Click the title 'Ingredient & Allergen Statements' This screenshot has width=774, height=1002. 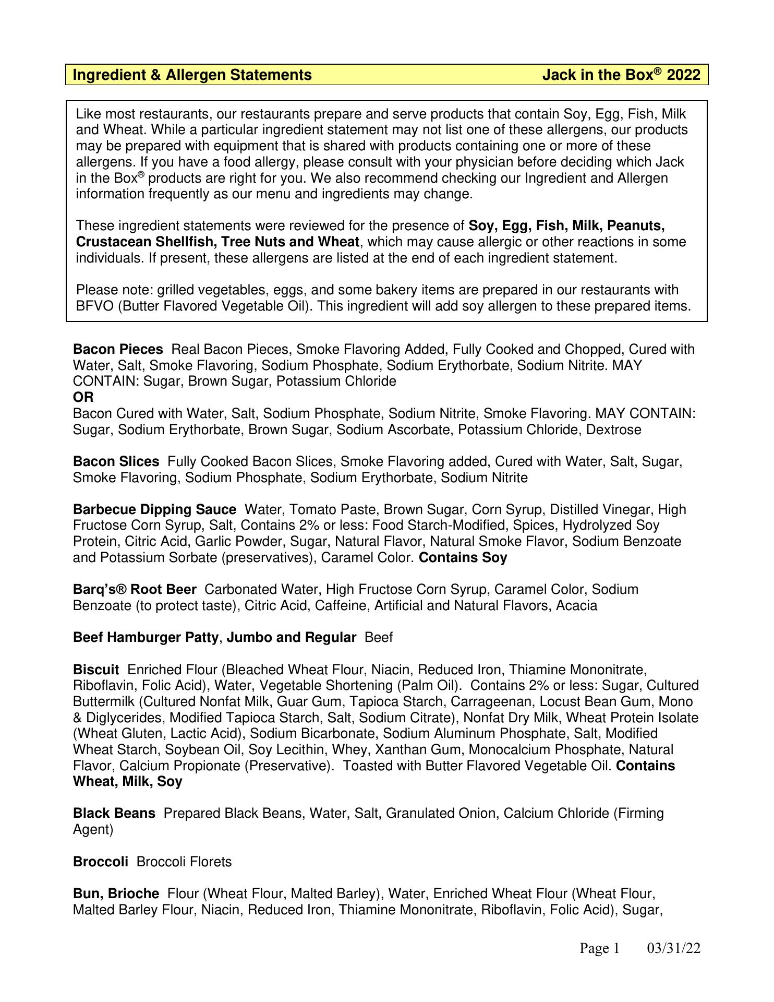pyautogui.click(x=192, y=75)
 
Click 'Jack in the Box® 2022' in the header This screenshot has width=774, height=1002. pyautogui.click(x=621, y=75)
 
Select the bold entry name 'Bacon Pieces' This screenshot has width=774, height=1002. pyautogui.click(x=118, y=349)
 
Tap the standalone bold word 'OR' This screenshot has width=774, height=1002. pyautogui.click(x=83, y=397)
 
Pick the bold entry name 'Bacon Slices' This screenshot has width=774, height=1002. pyautogui.click(x=116, y=461)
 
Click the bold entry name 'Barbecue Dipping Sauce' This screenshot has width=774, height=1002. pyautogui.click(x=154, y=509)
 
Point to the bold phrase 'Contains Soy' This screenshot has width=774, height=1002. pyautogui.click(x=463, y=557)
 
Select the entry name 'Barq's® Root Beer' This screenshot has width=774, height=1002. pyautogui.click(x=135, y=589)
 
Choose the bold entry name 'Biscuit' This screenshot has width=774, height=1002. pyautogui.click(x=96, y=670)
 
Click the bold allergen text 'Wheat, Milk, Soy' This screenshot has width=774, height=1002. pyautogui.click(x=127, y=781)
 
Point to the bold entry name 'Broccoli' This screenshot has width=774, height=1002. pyautogui.click(x=100, y=861)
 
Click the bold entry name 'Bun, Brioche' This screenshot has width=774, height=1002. pyautogui.click(x=116, y=893)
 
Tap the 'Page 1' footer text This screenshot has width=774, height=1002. pyautogui.click(x=599, y=948)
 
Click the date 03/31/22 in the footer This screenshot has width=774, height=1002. pyautogui.click(x=673, y=948)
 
